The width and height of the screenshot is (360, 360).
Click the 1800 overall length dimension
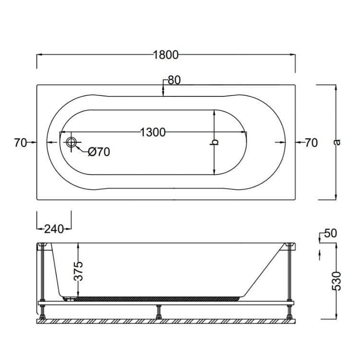[166, 55]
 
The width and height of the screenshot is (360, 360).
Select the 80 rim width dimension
[174, 80]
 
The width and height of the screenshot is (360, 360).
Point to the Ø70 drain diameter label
[99, 152]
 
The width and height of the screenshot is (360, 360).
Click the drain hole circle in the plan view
[72, 143]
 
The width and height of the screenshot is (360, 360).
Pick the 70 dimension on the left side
[20, 143]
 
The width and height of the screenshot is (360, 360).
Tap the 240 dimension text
[54, 229]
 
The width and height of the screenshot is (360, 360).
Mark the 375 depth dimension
[80, 271]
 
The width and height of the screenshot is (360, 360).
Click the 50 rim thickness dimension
[331, 233]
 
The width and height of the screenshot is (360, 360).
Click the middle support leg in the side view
[158, 313]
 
